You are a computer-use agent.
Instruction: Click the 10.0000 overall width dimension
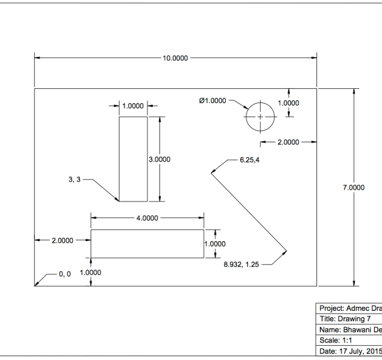click(175, 58)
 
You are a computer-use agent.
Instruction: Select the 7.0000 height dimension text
click(353, 188)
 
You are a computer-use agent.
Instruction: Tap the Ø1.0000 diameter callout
click(212, 100)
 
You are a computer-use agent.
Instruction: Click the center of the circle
click(260, 117)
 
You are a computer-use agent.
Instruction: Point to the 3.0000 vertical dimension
click(159, 159)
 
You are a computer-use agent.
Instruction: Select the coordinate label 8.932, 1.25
click(241, 265)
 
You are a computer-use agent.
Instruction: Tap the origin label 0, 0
click(65, 274)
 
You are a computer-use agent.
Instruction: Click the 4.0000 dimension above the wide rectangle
click(147, 218)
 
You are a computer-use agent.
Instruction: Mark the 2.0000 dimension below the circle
click(288, 142)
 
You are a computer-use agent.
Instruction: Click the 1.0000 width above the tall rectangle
click(133, 106)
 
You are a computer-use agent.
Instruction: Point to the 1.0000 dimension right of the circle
click(288, 103)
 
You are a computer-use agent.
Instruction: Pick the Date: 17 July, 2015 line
click(350, 351)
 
